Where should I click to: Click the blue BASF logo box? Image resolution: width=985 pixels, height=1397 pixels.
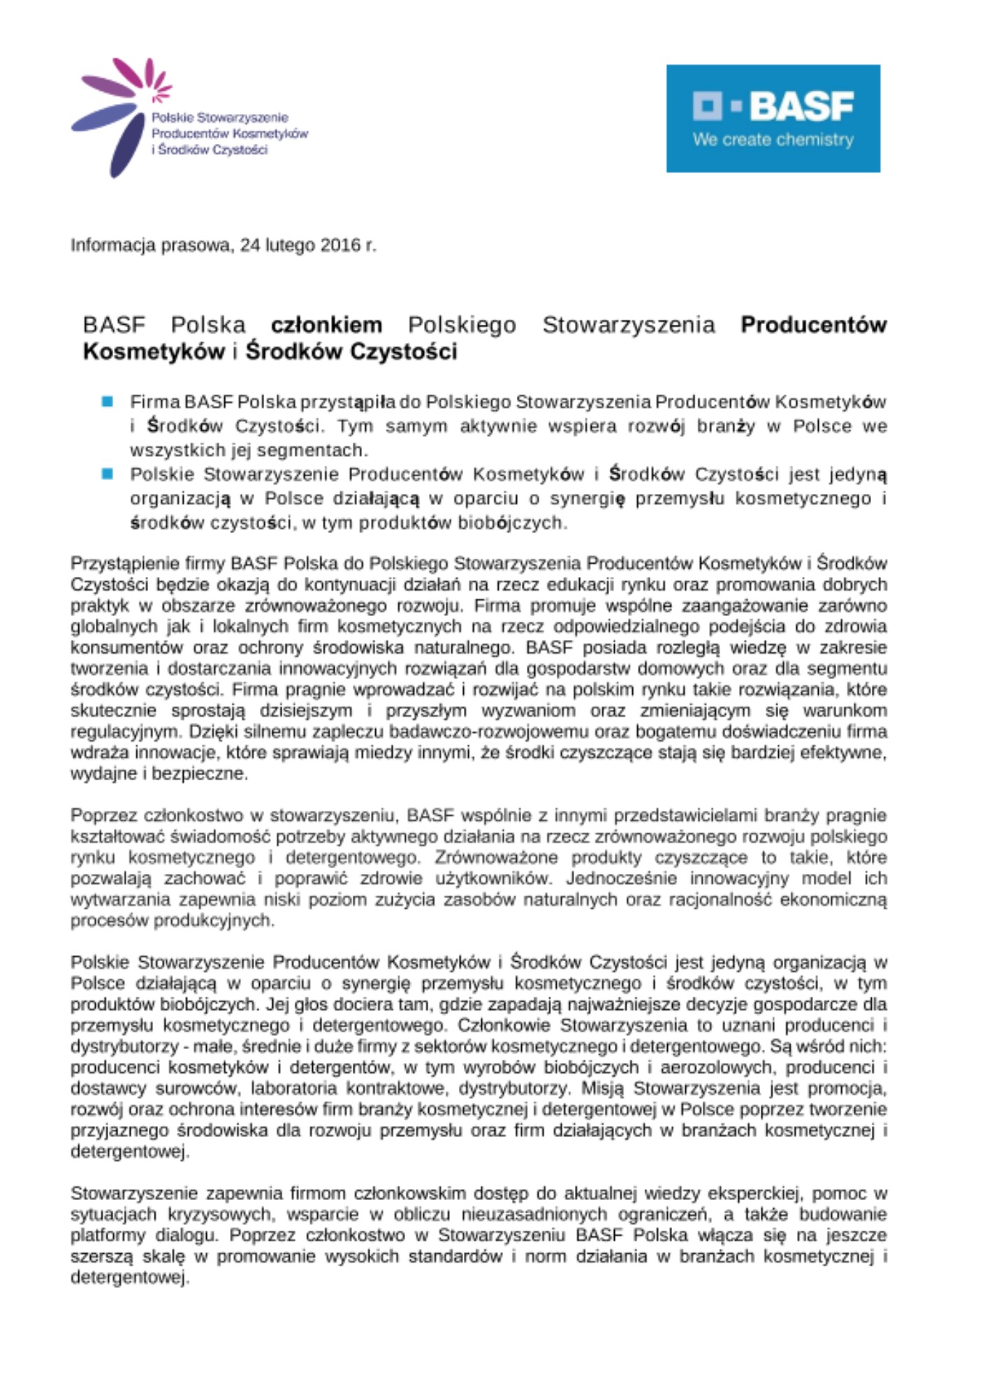click(x=773, y=118)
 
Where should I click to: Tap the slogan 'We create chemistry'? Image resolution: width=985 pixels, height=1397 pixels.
click(x=773, y=140)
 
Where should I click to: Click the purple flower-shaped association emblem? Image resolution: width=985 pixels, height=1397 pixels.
click(x=119, y=115)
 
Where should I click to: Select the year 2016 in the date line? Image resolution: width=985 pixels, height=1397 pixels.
click(x=339, y=245)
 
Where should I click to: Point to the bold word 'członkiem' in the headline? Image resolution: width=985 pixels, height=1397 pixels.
click(x=326, y=325)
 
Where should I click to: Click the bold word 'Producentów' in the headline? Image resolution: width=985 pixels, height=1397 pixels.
click(x=813, y=325)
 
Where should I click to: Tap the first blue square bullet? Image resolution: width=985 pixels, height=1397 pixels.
click(x=108, y=402)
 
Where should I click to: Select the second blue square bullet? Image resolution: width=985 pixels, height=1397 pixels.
click(x=108, y=474)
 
